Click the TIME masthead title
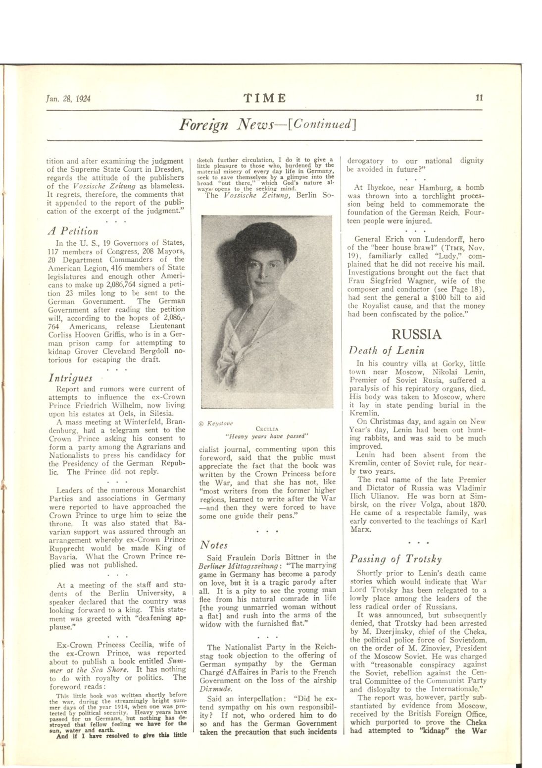tap(268, 98)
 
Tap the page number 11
tap(479, 98)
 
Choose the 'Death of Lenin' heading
tap(387, 351)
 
